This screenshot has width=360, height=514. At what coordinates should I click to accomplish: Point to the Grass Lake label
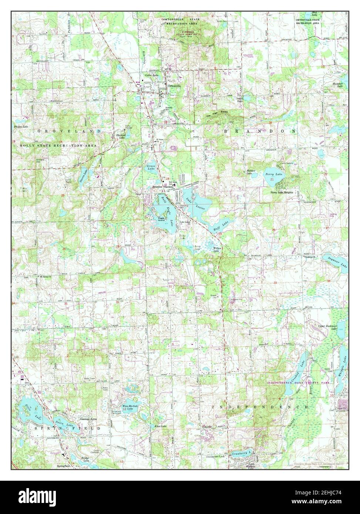(x=151, y=169)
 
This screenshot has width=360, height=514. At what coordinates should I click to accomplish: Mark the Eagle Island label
(x=160, y=219)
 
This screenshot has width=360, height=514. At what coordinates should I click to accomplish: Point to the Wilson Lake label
(x=216, y=250)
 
